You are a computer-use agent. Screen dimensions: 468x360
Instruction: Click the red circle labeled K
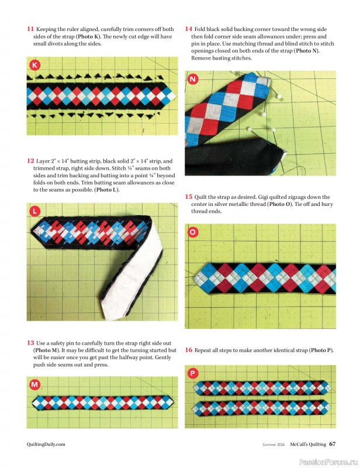[x=35, y=66]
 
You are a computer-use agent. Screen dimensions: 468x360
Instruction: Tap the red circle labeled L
[x=35, y=211]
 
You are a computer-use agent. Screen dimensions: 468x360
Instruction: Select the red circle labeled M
[x=35, y=384]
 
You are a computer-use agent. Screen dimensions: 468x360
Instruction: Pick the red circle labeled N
[x=193, y=79]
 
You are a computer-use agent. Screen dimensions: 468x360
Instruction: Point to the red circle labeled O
[x=193, y=232]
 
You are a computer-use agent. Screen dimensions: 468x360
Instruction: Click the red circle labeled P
[x=193, y=373]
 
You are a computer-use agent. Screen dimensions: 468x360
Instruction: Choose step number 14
[x=189, y=29]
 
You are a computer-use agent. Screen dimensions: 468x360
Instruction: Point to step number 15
[x=189, y=197]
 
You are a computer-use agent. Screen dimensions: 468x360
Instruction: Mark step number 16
[x=189, y=350]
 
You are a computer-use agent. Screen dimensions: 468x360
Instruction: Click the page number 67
[x=332, y=443]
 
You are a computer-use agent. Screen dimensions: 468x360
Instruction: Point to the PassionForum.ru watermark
[x=328, y=461]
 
